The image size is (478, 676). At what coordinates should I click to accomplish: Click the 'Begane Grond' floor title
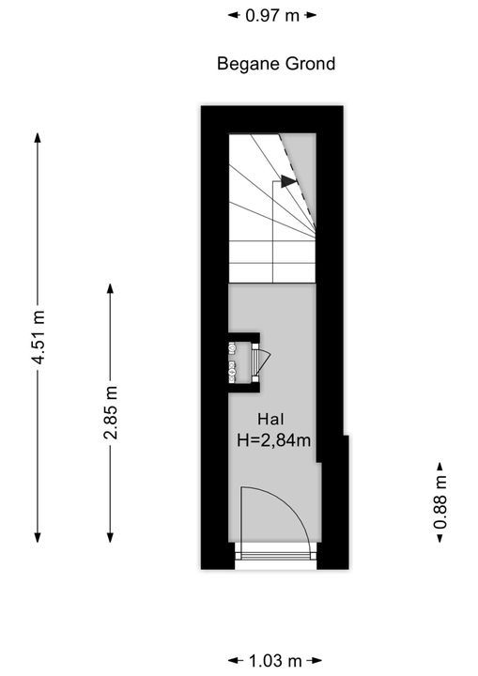click(x=276, y=64)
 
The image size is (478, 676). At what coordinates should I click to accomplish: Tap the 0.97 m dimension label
click(x=272, y=16)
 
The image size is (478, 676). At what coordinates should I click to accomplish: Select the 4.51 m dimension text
click(x=39, y=337)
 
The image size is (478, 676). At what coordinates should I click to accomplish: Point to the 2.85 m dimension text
click(x=111, y=412)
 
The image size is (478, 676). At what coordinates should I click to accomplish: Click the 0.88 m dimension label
click(x=440, y=501)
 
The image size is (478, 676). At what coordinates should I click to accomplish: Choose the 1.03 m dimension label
click(x=275, y=660)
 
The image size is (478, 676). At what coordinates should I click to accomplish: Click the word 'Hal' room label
click(x=270, y=419)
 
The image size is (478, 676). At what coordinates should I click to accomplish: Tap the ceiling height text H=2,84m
click(x=274, y=440)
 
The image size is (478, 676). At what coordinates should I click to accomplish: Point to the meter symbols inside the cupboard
click(x=233, y=361)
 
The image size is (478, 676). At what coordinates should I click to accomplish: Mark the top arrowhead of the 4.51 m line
click(x=38, y=137)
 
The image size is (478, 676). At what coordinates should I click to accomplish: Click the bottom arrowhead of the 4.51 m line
click(x=38, y=537)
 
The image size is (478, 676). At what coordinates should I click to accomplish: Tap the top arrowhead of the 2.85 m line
click(x=111, y=288)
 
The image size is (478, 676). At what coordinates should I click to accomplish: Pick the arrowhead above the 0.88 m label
click(x=440, y=467)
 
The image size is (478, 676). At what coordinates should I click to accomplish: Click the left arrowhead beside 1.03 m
click(x=233, y=660)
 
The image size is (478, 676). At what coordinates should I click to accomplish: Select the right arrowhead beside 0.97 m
click(x=311, y=16)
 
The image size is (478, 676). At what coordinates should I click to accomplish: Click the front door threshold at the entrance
click(x=276, y=554)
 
